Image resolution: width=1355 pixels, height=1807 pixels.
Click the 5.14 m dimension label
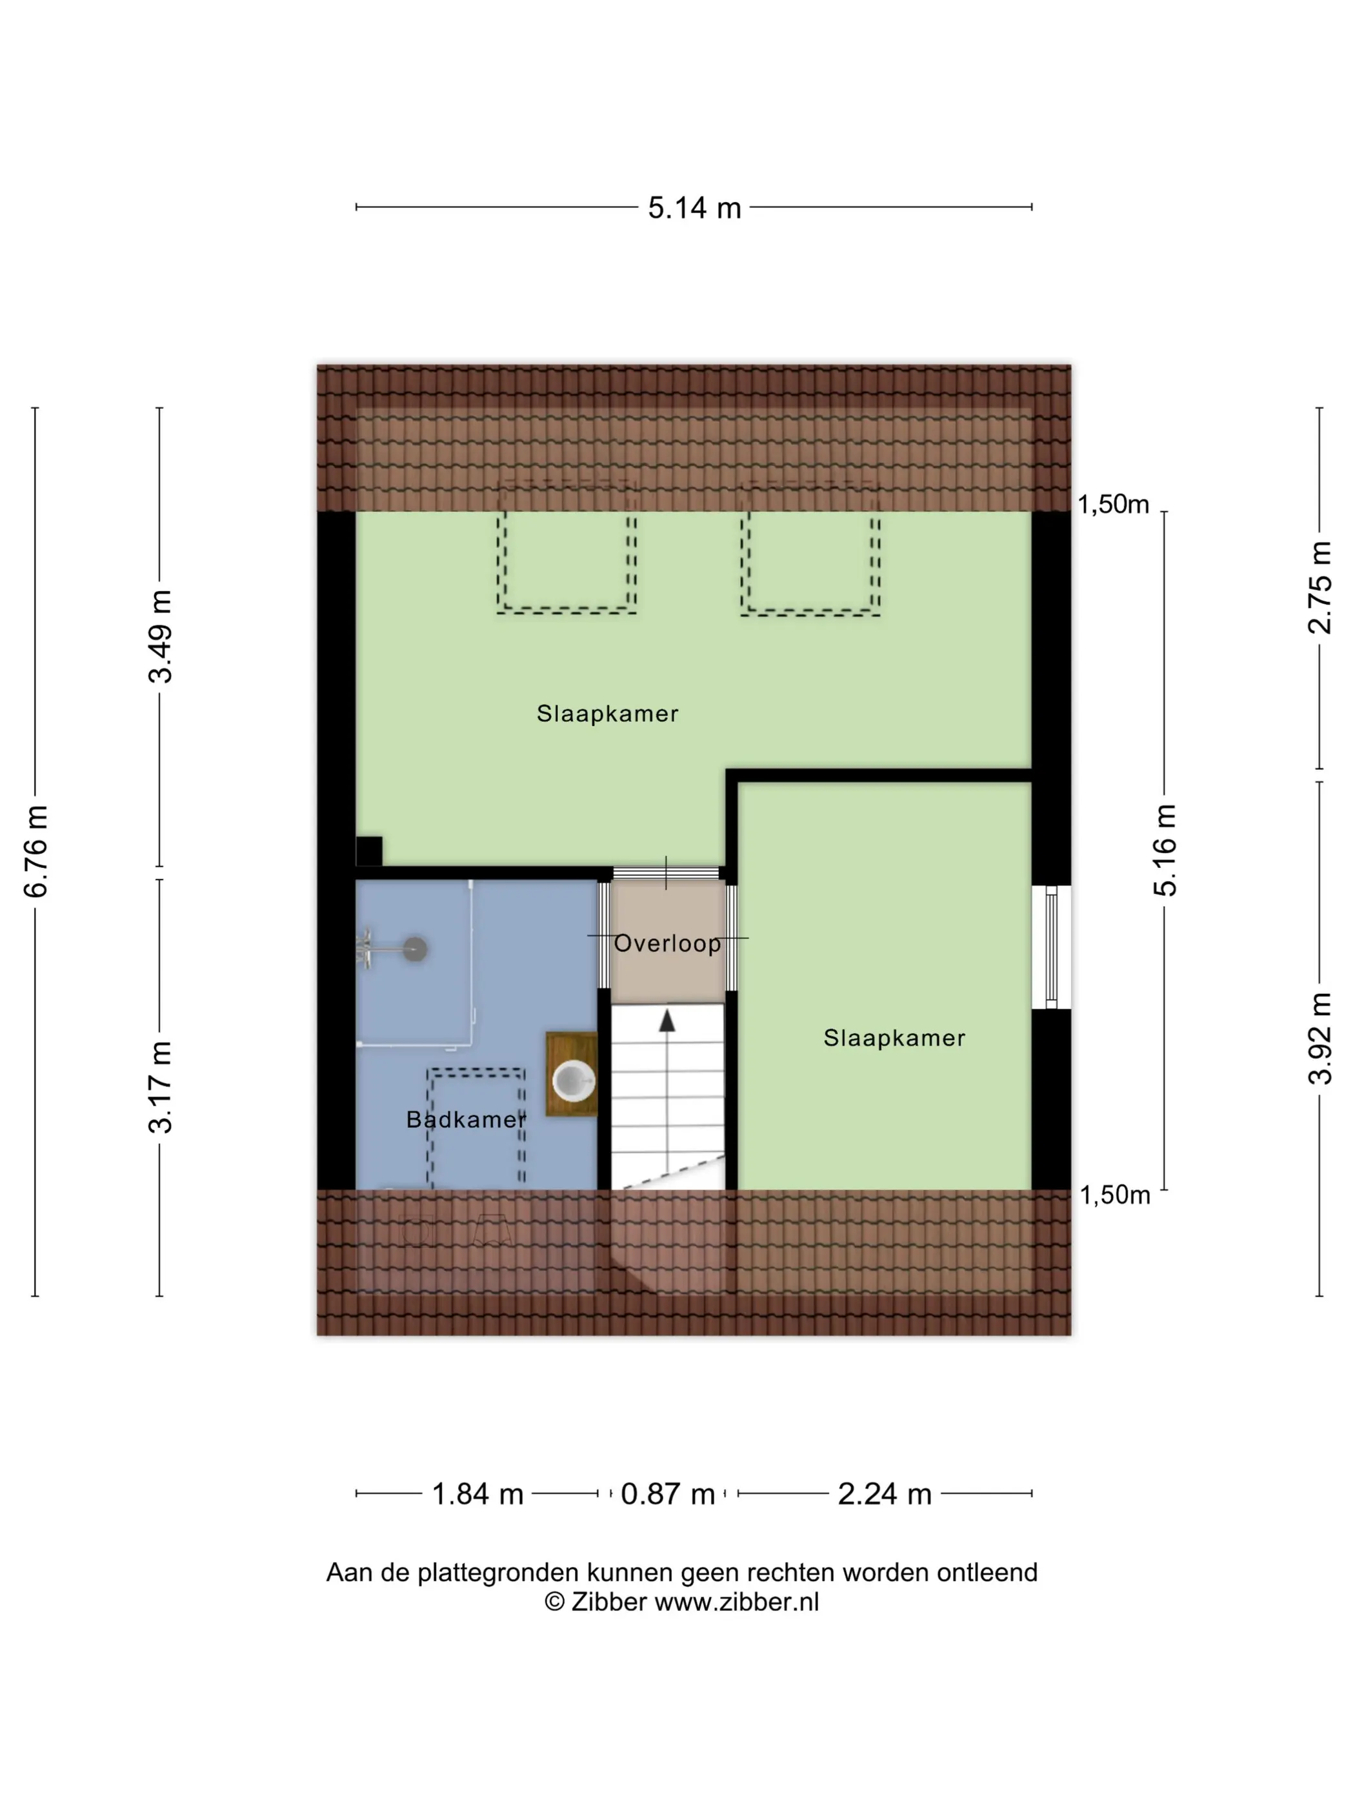694,208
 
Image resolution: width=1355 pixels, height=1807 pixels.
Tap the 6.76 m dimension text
36,851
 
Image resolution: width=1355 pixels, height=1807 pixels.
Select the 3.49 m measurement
160,636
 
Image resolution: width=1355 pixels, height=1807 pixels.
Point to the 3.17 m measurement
160,1087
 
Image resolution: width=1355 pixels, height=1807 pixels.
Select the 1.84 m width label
477,1494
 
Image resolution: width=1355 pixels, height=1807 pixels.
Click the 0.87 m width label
667,1494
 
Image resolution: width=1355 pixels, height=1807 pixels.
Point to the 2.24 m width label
885,1494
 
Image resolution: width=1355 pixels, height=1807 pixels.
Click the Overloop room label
667,944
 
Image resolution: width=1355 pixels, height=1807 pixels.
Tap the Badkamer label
467,1119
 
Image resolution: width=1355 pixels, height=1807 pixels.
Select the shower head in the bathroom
416,949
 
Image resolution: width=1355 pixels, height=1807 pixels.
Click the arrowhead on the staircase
667,1020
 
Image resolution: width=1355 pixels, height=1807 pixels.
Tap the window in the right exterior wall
1051,947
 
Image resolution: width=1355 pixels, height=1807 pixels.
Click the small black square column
369,851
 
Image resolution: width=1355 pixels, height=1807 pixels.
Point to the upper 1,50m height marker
1113,505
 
